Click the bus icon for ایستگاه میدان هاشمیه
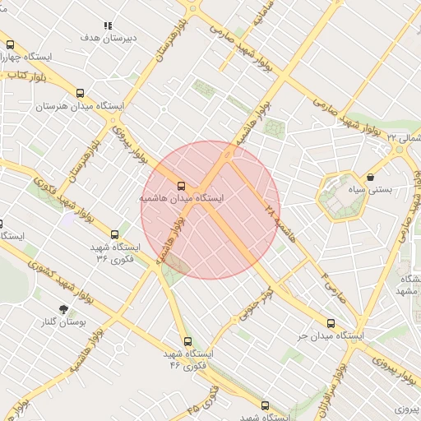coord(181,186)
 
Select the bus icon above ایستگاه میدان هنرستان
coord(80,94)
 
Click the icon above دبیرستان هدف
coord(108,25)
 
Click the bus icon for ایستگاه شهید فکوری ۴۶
coord(187,340)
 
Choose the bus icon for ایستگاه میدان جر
coord(331,323)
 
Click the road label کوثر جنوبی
coord(256,305)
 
